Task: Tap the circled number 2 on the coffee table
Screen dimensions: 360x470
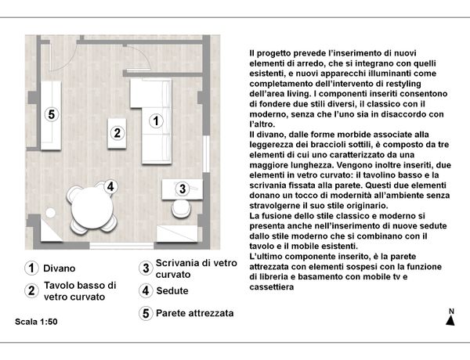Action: [x=117, y=133]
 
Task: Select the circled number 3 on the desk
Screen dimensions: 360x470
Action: [x=182, y=189]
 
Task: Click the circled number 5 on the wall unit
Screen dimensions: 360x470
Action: [x=52, y=115]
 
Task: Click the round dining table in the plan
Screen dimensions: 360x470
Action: [x=90, y=207]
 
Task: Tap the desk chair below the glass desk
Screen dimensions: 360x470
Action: [x=181, y=209]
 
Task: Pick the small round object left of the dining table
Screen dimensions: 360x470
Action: [x=50, y=213]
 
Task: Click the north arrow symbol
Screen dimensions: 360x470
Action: [x=450, y=323]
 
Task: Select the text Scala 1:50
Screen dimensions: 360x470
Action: [x=36, y=322]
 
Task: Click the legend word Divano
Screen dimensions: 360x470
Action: [x=60, y=268]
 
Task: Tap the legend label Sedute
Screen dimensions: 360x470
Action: [x=172, y=291]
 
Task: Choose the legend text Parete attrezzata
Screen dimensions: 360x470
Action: [x=194, y=313]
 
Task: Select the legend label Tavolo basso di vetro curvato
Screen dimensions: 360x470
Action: [x=80, y=291]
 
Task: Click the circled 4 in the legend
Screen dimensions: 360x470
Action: [x=145, y=291]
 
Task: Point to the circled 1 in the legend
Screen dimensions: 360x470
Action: [x=31, y=268]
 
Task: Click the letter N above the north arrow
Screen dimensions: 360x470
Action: [x=450, y=312]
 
